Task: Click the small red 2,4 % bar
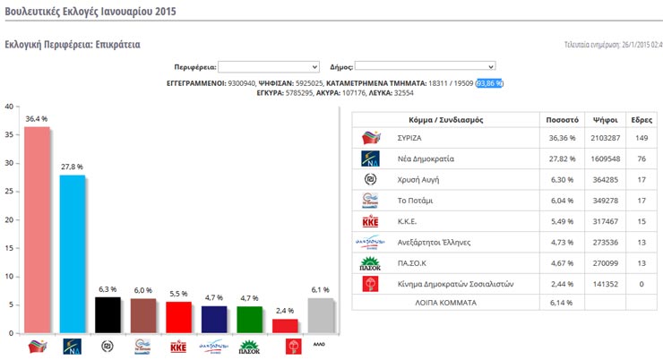point(284,326)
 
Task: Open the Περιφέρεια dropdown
point(269,66)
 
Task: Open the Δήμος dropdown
point(426,66)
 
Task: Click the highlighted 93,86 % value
point(490,82)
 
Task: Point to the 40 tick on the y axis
point(9,107)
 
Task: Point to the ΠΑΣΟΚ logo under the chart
point(249,345)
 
